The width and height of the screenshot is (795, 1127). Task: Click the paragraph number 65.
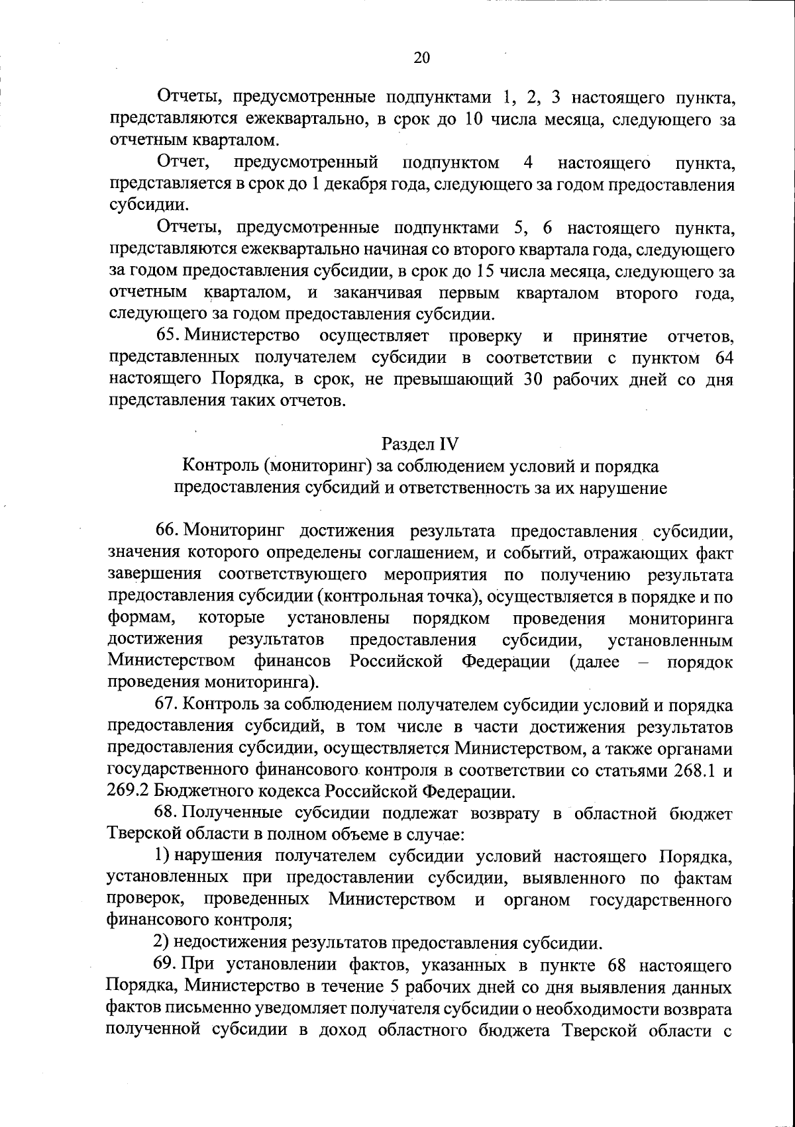pyautogui.click(x=169, y=336)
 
